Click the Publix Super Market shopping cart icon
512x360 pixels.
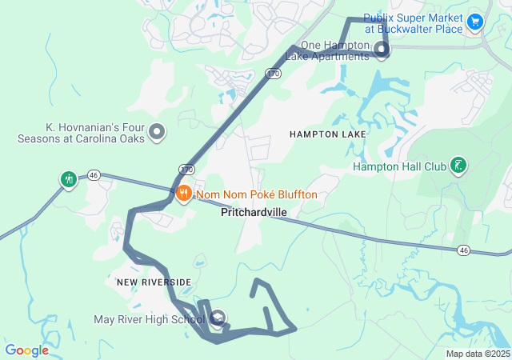[x=475, y=22]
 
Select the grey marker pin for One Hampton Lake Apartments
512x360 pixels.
[x=382, y=51]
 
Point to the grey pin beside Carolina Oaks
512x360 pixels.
[x=157, y=132]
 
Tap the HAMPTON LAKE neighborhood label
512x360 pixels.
[x=328, y=134]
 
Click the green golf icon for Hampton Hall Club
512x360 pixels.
[x=458, y=166]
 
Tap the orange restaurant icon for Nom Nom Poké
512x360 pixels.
[x=183, y=193]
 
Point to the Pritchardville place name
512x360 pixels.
[x=254, y=213]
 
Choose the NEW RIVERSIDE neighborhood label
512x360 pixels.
[x=154, y=282]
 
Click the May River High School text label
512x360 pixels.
[x=149, y=320]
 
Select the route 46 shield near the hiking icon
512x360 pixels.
[x=94, y=176]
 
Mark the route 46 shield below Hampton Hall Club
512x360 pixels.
[x=463, y=250]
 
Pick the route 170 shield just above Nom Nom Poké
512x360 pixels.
[x=186, y=170]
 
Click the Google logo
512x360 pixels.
[x=26, y=350]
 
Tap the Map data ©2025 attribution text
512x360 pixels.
[x=478, y=354]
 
